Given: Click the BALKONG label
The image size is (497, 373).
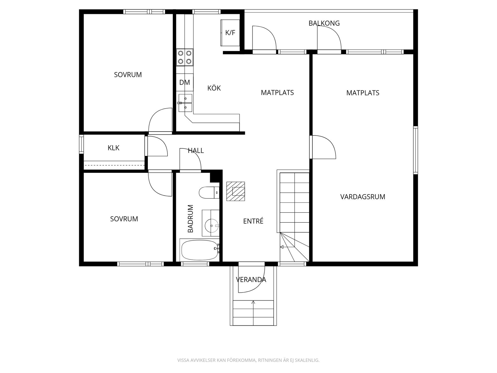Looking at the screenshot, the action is [x=324, y=23].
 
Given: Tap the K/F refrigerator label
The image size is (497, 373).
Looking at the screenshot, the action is [x=230, y=33].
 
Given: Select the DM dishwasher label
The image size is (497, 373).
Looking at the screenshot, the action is [x=185, y=82].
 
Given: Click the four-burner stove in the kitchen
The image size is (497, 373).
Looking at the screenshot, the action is [x=185, y=57].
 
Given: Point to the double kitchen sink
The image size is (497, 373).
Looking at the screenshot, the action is [x=185, y=103].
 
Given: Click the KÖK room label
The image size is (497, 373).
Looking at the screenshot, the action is [x=214, y=88].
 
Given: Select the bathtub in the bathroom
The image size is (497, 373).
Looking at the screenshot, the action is [x=200, y=250].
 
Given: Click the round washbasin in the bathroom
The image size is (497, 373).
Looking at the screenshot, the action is [x=211, y=226].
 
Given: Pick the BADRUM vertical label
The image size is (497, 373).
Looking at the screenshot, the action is [x=190, y=219].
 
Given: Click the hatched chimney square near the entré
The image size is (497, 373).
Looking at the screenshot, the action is [x=236, y=191].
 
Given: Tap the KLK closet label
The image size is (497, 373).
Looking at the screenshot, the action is [x=113, y=148].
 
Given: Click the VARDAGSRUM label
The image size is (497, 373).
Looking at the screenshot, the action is [x=363, y=197].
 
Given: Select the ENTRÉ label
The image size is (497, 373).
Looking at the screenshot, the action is [x=253, y=221].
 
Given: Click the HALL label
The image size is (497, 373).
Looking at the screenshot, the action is [x=196, y=150].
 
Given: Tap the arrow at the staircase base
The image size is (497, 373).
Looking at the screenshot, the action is [x=282, y=247].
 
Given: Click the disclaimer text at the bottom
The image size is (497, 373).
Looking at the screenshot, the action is [x=248, y=360].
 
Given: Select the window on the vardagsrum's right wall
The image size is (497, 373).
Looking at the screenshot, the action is [x=415, y=150].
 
